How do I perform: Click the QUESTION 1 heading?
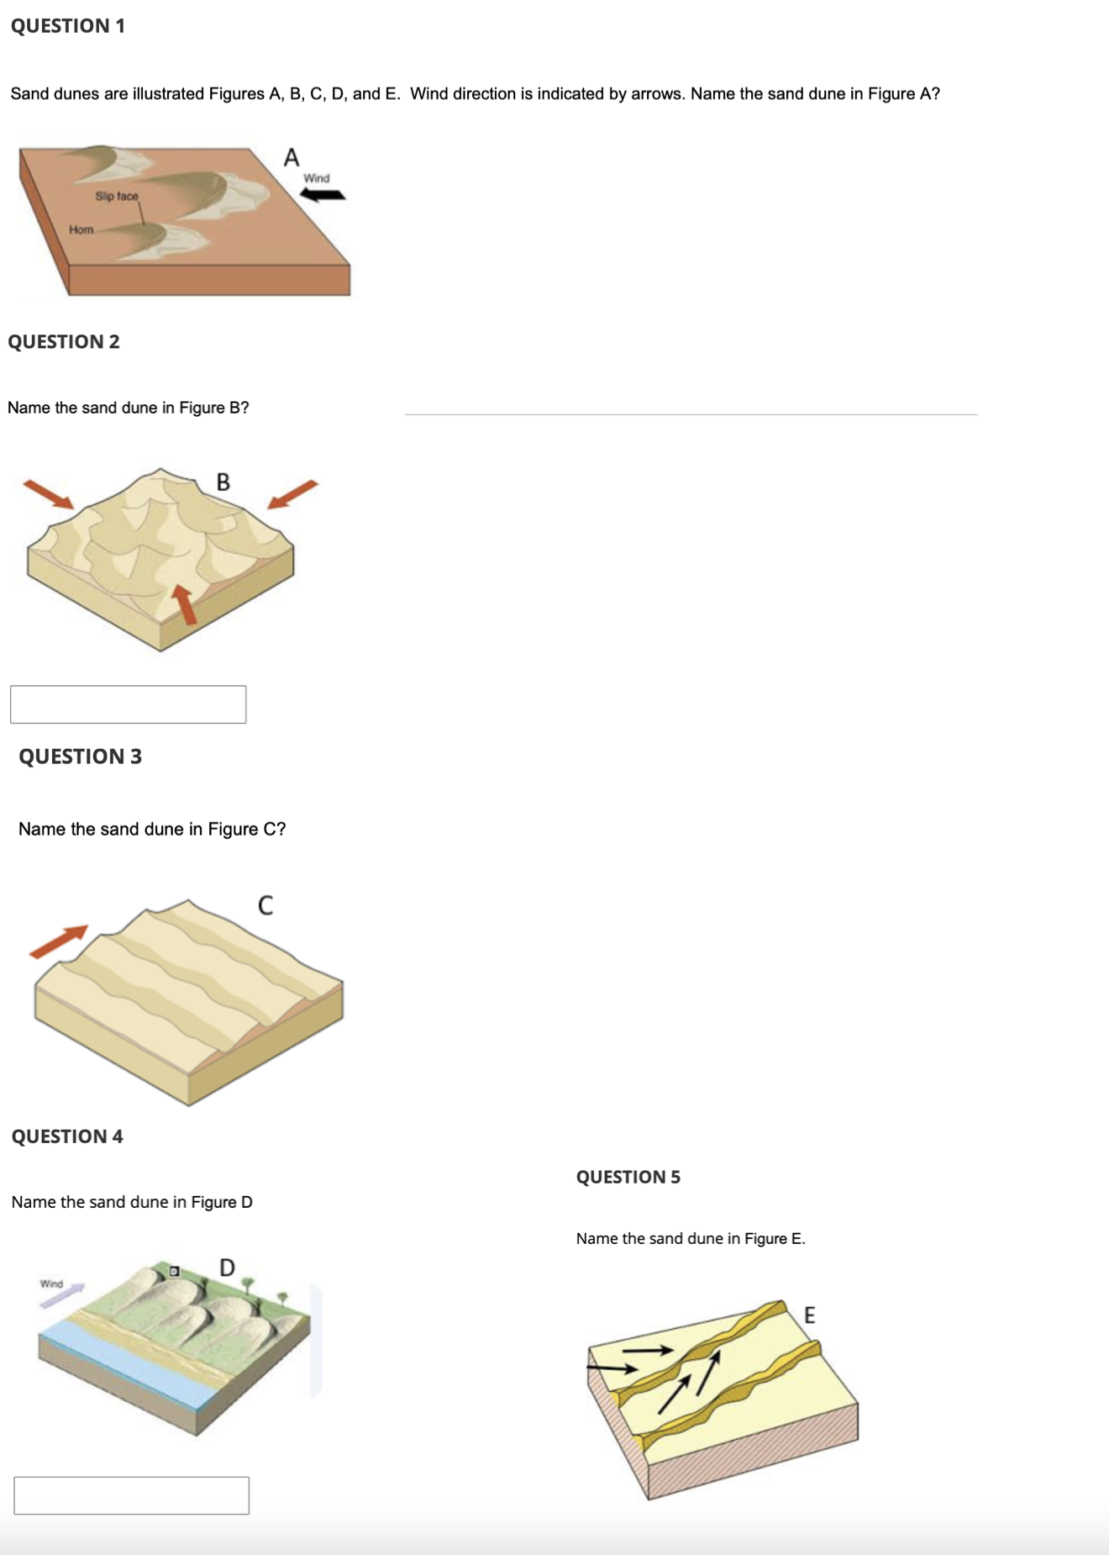68,26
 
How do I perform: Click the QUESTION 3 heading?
80,756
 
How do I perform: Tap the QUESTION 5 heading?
628,1177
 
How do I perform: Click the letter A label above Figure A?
292,157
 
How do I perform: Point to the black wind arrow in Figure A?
323,195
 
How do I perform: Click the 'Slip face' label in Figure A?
116,196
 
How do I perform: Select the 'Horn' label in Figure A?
81,229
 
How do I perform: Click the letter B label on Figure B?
223,482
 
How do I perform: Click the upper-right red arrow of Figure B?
292,494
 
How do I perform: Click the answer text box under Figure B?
128,704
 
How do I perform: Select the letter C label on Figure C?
265,905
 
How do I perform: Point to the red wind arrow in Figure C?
59,941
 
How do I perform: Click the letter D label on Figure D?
227,1267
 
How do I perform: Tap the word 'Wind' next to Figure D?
51,1284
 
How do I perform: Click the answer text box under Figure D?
131,1495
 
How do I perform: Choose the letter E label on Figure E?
809,1315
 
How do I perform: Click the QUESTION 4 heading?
67,1136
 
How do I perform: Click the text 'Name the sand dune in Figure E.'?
690,1238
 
